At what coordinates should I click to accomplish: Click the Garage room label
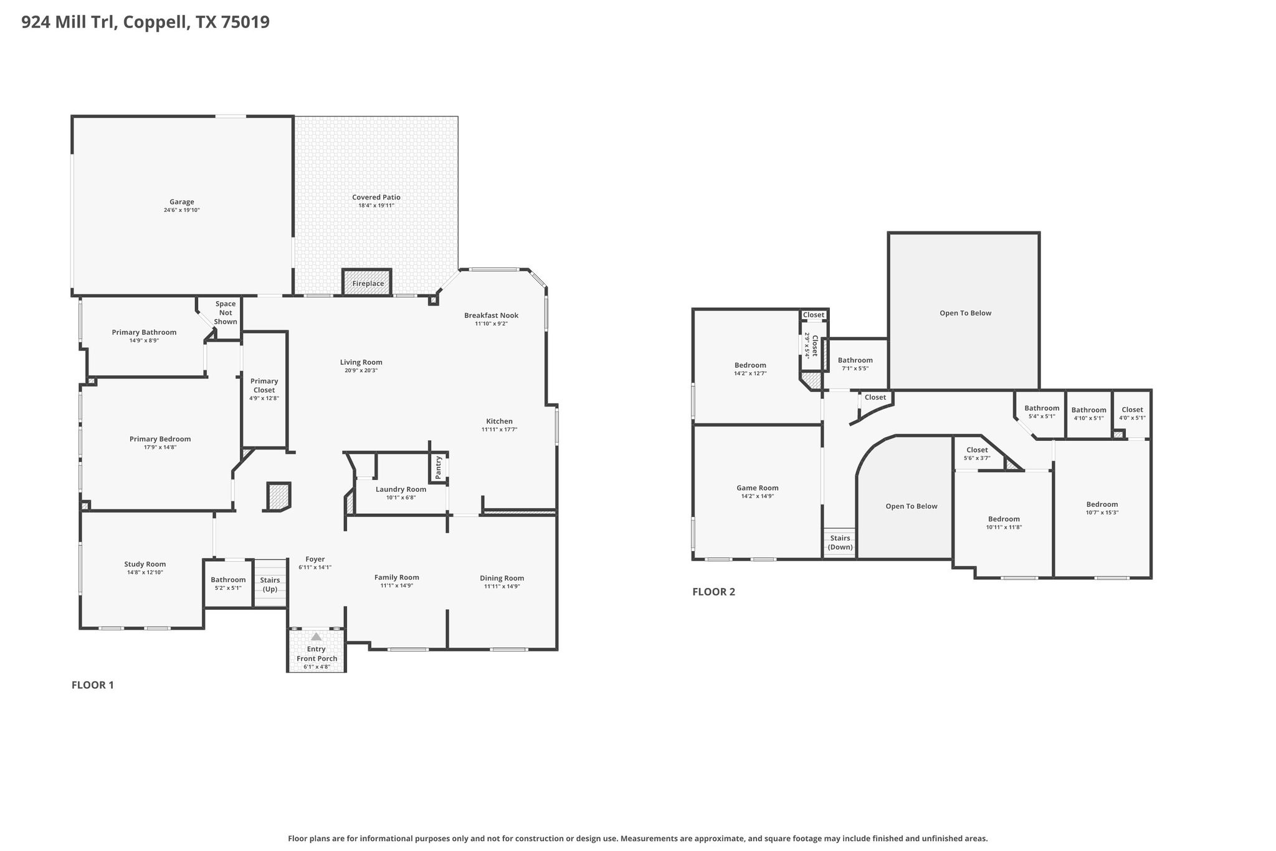181,202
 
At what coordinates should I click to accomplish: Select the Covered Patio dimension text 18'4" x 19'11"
376,206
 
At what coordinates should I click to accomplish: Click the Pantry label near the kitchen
439,467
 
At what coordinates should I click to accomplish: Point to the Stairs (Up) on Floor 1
270,584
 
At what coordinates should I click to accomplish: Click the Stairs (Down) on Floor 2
840,542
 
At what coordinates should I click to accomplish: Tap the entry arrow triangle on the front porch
316,637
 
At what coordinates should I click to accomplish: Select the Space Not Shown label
226,313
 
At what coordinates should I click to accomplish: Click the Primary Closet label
264,385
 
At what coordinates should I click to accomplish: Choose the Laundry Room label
401,489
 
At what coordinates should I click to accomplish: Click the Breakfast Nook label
491,315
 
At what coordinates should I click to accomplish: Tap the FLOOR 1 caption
93,685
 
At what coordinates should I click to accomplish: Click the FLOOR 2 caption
713,592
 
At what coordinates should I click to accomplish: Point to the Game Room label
757,488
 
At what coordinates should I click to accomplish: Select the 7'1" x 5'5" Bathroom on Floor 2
855,363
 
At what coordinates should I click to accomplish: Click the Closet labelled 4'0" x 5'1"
1132,413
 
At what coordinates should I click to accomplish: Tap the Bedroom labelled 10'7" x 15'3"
1102,508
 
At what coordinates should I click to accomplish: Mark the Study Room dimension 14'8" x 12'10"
144,572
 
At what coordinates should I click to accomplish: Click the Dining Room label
502,578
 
